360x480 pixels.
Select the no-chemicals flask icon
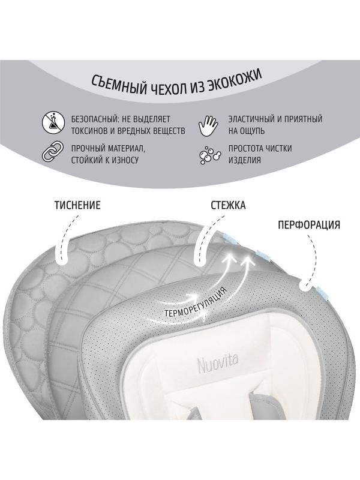pyautogui.click(x=54, y=124)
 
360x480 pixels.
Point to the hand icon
pyautogui.click(x=208, y=124)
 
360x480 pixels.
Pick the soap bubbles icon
pyautogui.click(x=210, y=154)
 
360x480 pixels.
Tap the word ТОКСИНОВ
pyautogui.click(x=89, y=131)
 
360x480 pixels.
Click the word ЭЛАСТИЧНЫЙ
pyautogui.click(x=251, y=119)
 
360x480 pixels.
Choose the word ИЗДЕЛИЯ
pyautogui.click(x=244, y=160)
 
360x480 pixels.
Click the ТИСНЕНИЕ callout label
pyautogui.click(x=77, y=205)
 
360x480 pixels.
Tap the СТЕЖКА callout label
pyautogui.click(x=228, y=205)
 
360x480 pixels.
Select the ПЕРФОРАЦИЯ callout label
pyautogui.click(x=309, y=225)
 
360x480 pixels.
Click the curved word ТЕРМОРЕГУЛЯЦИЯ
pyautogui.click(x=196, y=302)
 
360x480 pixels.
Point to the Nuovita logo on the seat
pyautogui.click(x=218, y=364)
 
